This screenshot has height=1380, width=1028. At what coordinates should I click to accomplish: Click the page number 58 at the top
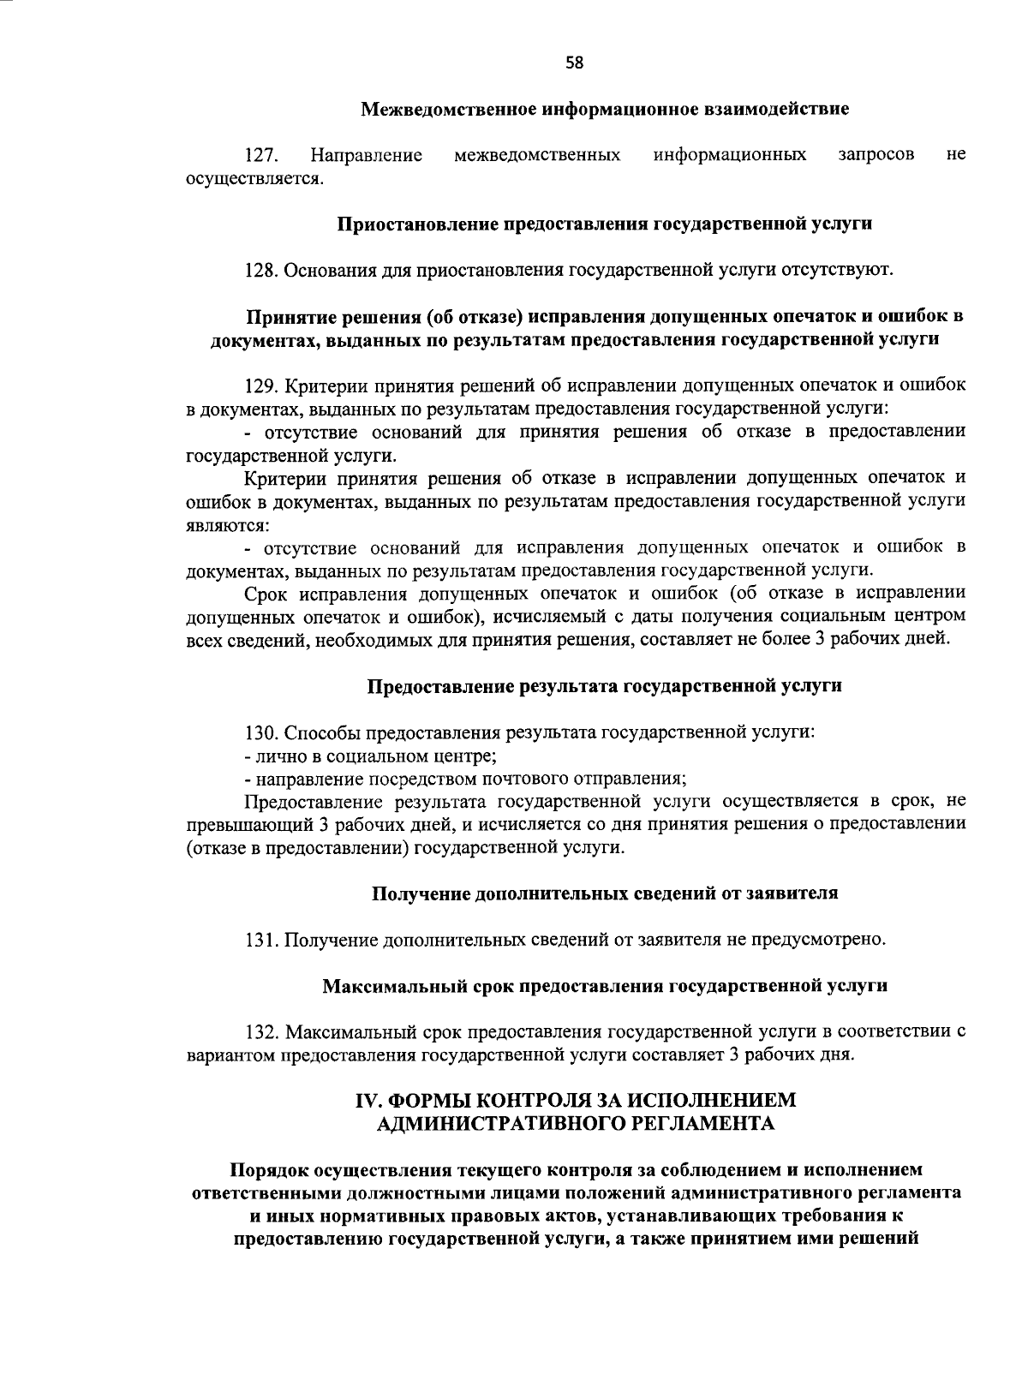click(x=575, y=63)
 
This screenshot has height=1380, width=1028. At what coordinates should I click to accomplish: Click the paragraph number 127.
click(x=260, y=155)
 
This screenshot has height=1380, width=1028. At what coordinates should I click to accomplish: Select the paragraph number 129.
click(x=261, y=385)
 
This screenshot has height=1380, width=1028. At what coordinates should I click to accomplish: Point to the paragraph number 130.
click(x=261, y=732)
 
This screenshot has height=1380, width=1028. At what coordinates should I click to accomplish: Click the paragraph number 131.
click(x=261, y=940)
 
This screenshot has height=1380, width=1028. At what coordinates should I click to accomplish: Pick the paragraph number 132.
click(x=261, y=1031)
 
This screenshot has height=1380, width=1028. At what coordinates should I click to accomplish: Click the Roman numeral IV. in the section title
click(x=370, y=1101)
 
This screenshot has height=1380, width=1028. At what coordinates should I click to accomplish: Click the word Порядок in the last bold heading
click(x=267, y=1170)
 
